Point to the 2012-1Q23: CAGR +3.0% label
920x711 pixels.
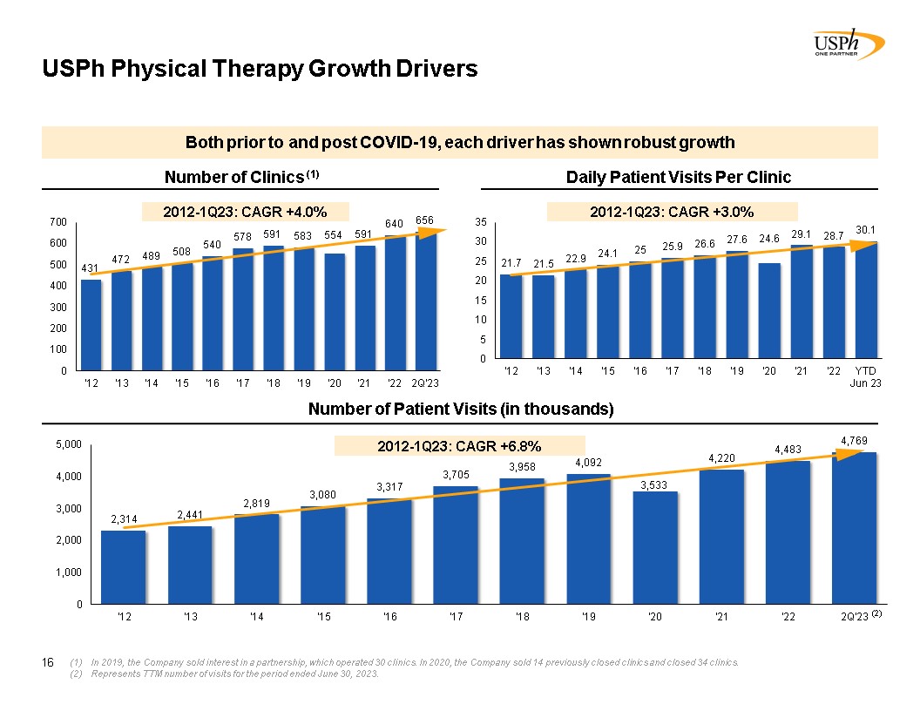(x=672, y=211)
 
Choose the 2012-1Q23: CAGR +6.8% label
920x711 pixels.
(x=459, y=446)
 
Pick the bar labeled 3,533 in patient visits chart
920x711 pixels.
(x=655, y=547)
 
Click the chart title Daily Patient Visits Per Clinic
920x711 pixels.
(x=678, y=178)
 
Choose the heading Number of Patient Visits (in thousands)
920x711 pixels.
(x=461, y=410)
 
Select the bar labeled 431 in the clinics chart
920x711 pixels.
(x=91, y=324)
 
